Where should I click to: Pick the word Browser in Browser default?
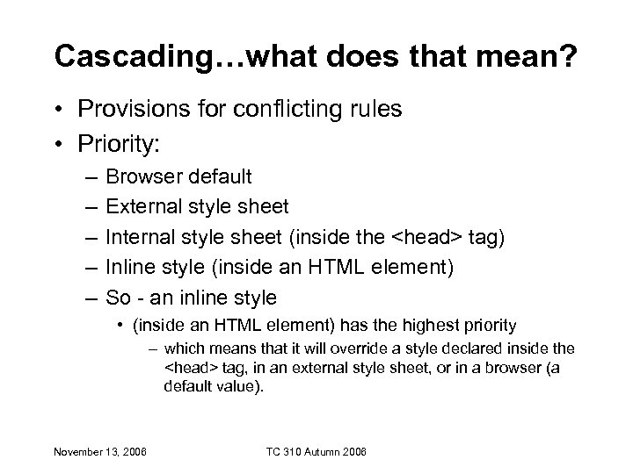point(139,177)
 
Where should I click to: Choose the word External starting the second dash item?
point(142,207)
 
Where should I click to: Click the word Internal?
point(138,237)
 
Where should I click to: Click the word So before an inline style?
point(118,297)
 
